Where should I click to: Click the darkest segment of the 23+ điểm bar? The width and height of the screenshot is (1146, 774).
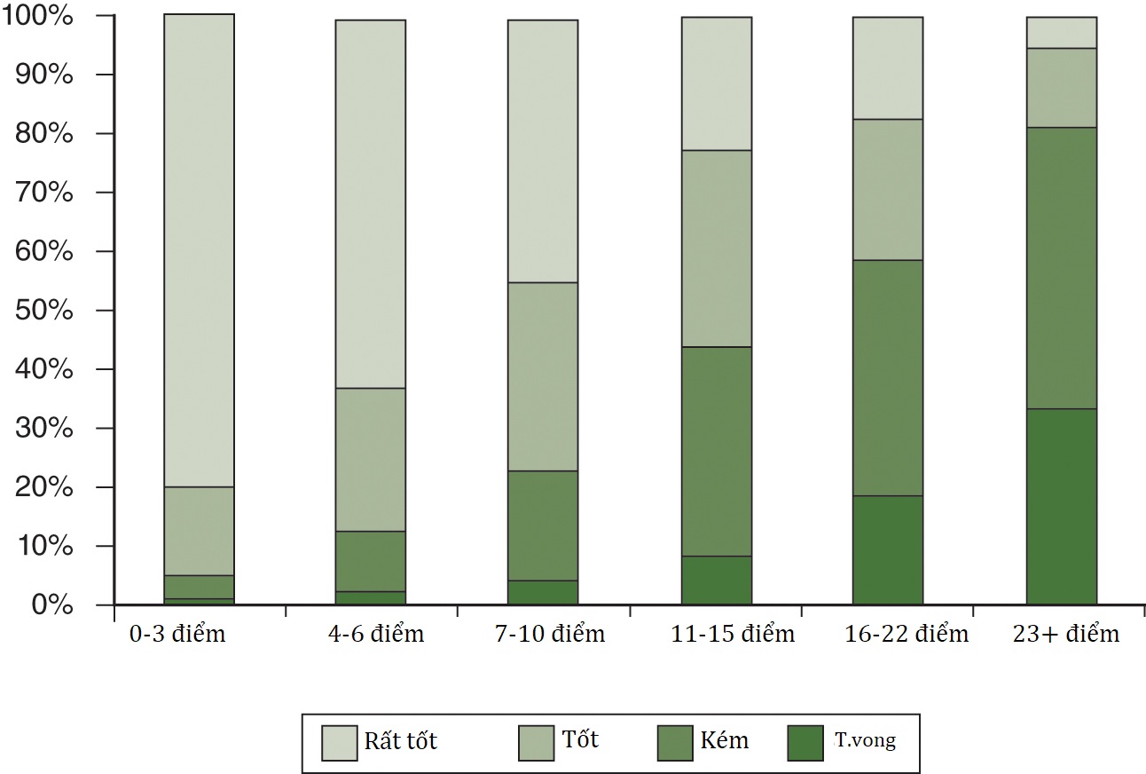1062,507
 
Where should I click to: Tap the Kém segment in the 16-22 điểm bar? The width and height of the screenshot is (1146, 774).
888,377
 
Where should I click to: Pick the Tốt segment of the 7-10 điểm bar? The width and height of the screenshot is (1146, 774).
543,376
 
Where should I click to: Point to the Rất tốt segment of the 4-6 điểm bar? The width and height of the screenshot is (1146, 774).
371,204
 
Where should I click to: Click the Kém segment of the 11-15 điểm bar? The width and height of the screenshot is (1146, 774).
717,451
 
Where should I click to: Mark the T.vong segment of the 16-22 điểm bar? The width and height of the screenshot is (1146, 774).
888,550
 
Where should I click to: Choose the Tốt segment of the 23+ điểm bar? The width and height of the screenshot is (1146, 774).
1062,88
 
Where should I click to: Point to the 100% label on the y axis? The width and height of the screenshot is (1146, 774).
38,17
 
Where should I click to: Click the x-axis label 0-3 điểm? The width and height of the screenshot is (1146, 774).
177,635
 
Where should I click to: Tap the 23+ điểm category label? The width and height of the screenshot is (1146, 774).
1065,635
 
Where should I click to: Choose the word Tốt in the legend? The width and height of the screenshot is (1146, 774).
580,739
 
